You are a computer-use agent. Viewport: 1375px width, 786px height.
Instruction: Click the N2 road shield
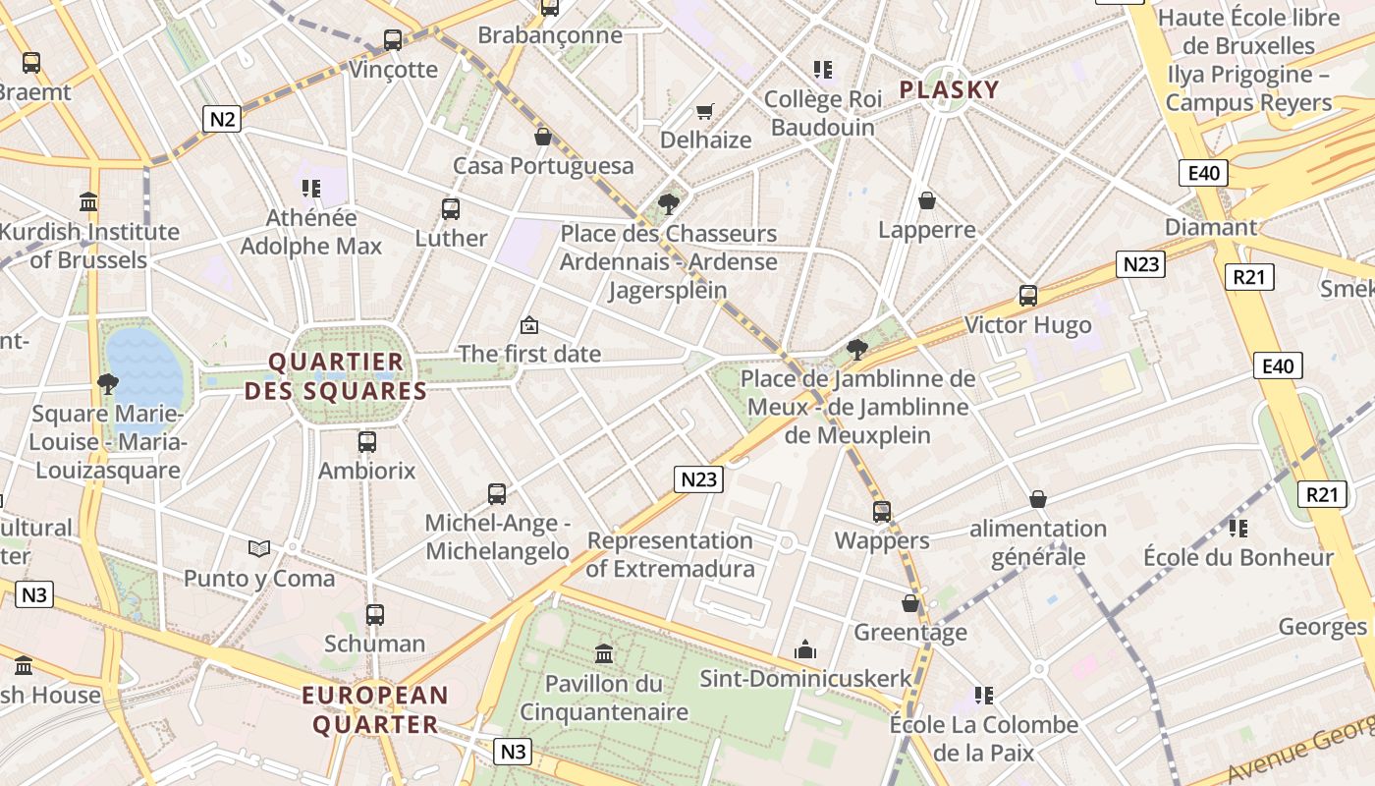click(x=223, y=119)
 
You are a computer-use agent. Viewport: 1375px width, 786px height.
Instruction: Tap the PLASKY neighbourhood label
click(x=949, y=90)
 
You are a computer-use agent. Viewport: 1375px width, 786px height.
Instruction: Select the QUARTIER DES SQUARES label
click(x=336, y=376)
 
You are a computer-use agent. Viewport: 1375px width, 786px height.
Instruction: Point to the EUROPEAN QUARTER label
click(x=375, y=710)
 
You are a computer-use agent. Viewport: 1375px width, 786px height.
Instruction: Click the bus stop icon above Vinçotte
click(x=393, y=40)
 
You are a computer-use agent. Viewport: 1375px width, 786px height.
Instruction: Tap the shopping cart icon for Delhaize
click(x=704, y=111)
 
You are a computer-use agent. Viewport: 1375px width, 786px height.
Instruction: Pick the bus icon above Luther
click(x=451, y=208)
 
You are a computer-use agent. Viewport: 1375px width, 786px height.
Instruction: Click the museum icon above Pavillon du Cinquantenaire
click(x=604, y=653)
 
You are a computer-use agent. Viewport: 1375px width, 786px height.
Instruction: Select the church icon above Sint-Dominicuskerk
click(x=805, y=649)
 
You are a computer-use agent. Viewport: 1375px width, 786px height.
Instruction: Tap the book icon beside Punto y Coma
click(x=259, y=548)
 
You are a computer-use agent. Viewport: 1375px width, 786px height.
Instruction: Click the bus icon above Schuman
click(x=375, y=615)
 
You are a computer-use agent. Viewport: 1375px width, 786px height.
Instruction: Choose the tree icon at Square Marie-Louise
click(x=107, y=383)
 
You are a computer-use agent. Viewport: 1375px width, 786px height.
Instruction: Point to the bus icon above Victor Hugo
click(x=1028, y=295)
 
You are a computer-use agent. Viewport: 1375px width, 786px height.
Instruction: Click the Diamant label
click(x=1210, y=227)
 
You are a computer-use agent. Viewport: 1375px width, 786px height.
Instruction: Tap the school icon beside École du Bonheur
click(x=1237, y=529)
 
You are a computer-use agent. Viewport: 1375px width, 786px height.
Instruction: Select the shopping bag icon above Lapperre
click(x=926, y=201)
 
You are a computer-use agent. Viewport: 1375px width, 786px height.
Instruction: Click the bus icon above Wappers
click(x=882, y=511)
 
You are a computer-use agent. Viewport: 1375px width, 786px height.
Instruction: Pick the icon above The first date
click(x=529, y=324)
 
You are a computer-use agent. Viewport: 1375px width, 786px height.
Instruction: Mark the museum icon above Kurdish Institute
click(x=88, y=202)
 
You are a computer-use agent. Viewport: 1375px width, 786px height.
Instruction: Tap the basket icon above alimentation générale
click(x=1038, y=500)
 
